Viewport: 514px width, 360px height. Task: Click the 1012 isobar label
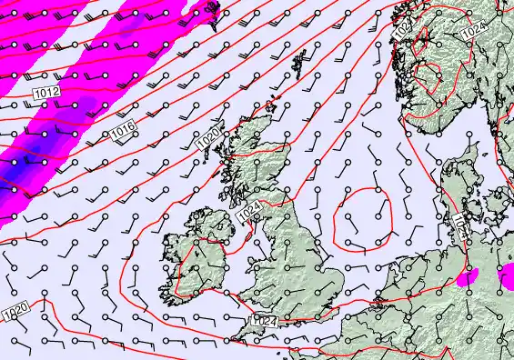(x=46, y=93)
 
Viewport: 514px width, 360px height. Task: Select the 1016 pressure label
(x=125, y=135)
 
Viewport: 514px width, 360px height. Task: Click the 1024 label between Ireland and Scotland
(x=252, y=214)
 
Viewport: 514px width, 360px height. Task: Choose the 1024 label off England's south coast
(x=264, y=321)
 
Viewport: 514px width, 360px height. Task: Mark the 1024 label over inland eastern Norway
(x=473, y=31)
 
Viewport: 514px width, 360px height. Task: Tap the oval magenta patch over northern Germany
(x=469, y=277)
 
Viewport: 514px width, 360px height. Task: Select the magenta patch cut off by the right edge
(x=508, y=279)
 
